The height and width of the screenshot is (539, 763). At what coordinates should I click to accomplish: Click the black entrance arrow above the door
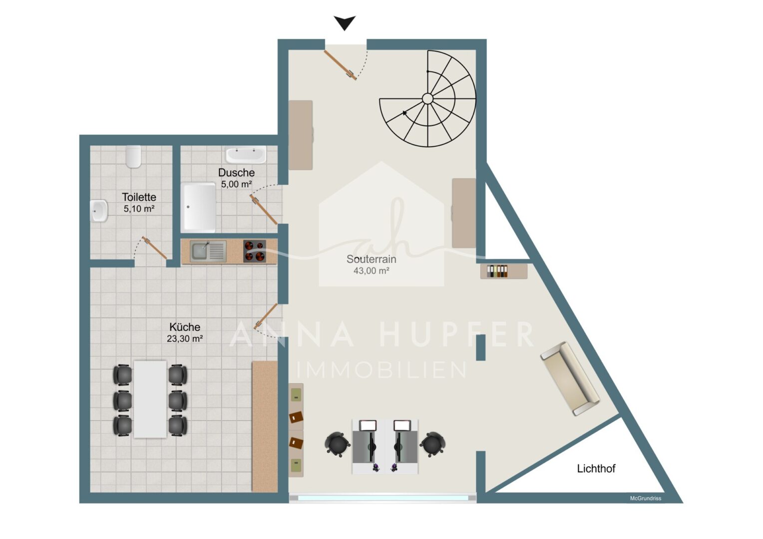click(x=345, y=22)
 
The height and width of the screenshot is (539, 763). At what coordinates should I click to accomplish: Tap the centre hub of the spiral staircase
click(x=427, y=99)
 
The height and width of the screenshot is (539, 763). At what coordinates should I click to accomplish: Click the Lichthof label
click(x=596, y=469)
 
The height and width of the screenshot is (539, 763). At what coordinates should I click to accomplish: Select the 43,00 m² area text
click(x=371, y=270)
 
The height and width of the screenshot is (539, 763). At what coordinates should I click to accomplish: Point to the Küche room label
click(x=185, y=327)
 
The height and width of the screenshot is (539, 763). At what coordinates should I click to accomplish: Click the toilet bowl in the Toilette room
click(x=133, y=157)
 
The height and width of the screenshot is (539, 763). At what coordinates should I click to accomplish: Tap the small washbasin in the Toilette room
click(x=99, y=211)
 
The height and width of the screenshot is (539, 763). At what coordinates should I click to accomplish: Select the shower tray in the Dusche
click(x=199, y=208)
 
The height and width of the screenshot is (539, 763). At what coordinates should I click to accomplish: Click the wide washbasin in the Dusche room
click(x=245, y=155)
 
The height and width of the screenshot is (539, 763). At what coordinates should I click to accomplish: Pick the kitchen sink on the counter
click(x=208, y=251)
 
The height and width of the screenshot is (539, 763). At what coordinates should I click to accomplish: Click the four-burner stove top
click(x=255, y=251)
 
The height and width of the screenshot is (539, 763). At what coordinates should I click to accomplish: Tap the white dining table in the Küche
click(x=150, y=399)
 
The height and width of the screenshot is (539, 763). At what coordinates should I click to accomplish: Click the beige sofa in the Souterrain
click(x=570, y=378)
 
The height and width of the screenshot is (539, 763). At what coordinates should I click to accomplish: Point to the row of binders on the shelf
click(x=497, y=271)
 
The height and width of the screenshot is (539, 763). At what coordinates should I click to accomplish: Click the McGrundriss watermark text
click(x=646, y=498)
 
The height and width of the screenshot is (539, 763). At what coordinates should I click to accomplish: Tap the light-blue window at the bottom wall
click(x=382, y=498)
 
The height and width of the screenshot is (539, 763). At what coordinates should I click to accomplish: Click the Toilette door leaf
click(x=154, y=248)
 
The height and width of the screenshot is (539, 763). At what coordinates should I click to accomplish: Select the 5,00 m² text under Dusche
click(x=236, y=184)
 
